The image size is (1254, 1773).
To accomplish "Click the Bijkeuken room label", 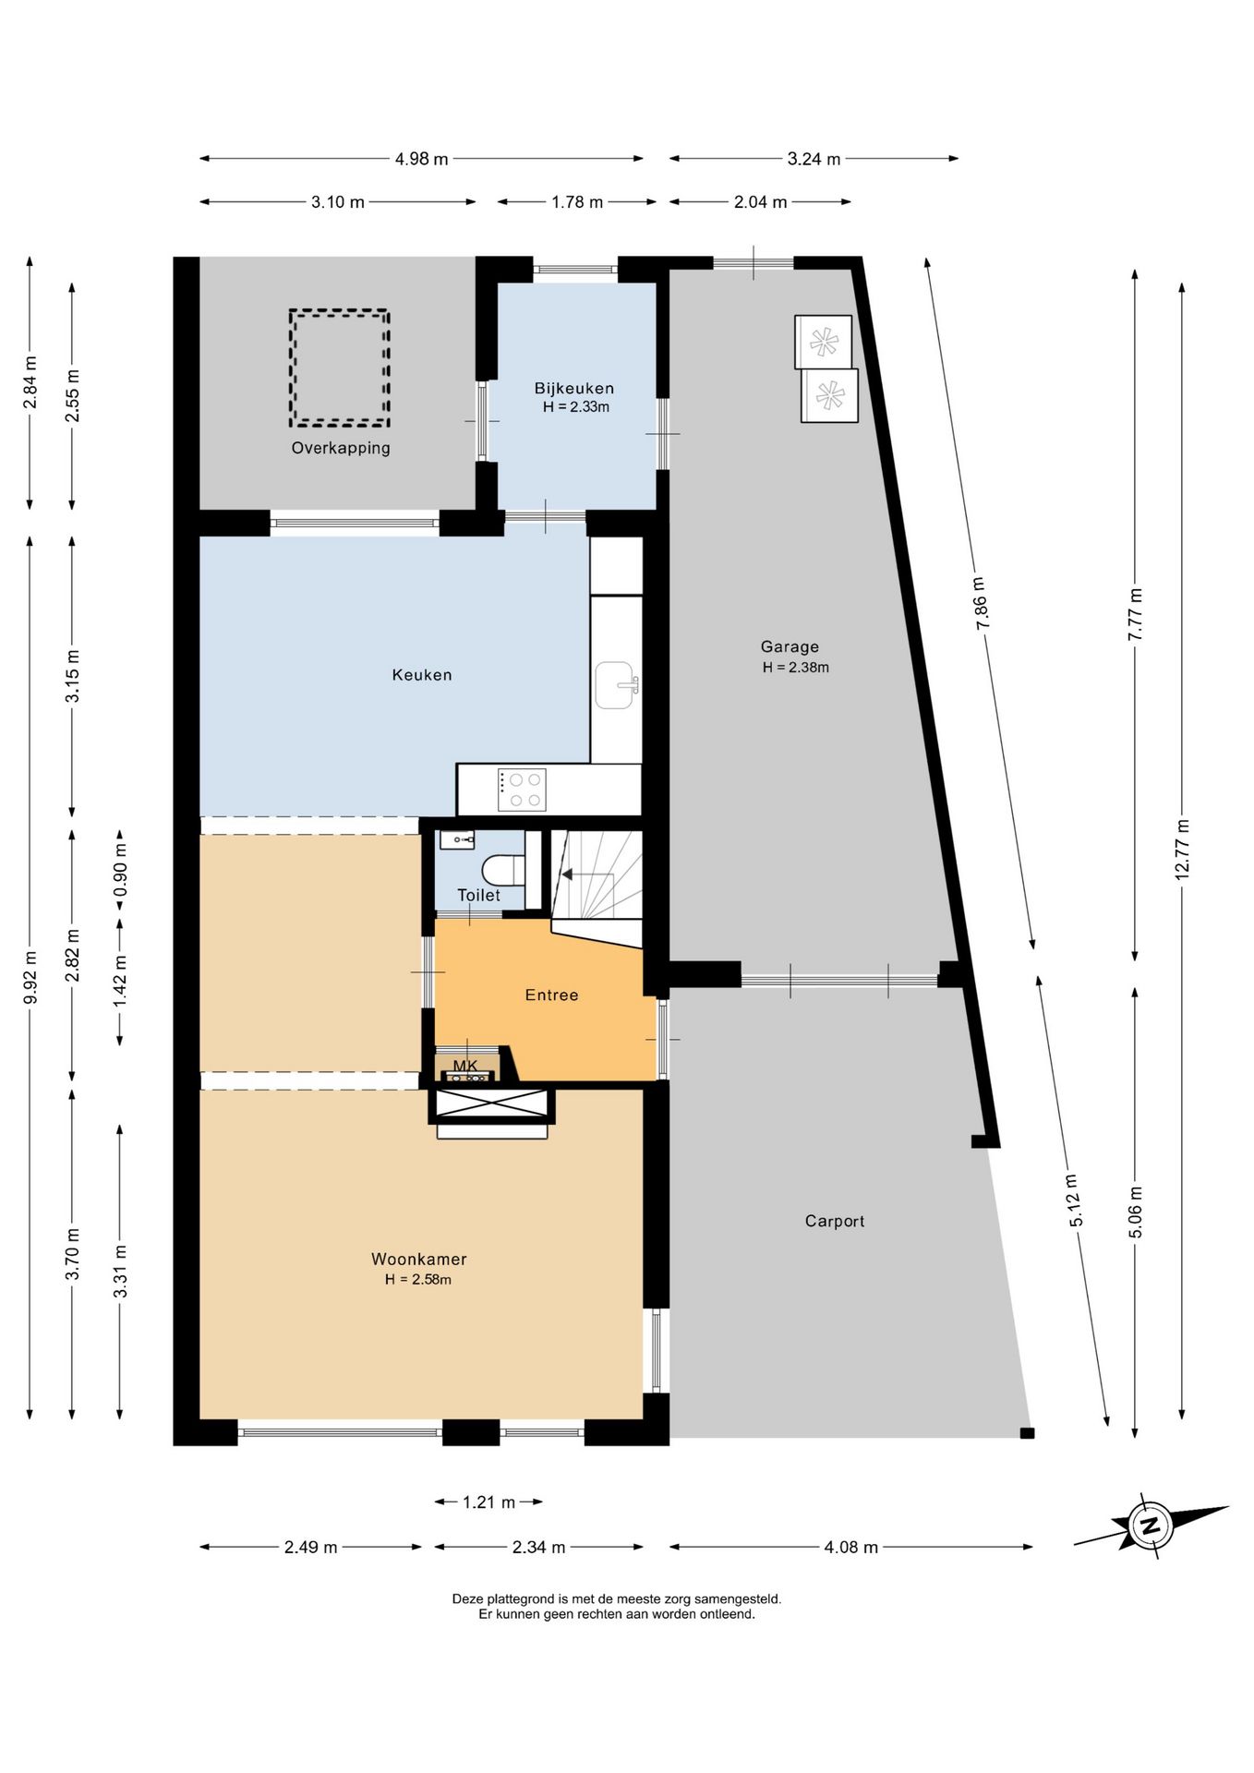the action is tap(573, 388).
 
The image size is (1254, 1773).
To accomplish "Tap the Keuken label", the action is tap(422, 675).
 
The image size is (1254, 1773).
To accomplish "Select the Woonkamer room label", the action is tap(419, 1259).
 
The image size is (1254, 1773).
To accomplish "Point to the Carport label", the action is tap(835, 1221).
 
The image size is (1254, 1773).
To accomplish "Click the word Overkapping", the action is tap(341, 448).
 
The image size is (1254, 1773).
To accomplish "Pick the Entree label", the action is tap(552, 995).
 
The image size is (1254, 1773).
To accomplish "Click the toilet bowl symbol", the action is tap(504, 870).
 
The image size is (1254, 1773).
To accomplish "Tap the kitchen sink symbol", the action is tap(615, 685).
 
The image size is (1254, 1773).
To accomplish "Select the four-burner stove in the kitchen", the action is tap(522, 790).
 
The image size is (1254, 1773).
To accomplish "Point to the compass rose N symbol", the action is tap(1151, 1525).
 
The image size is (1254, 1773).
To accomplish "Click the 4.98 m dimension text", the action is tap(422, 159).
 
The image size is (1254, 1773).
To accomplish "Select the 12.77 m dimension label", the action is tap(1182, 850).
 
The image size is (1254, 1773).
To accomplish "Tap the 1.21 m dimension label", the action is tap(488, 1502).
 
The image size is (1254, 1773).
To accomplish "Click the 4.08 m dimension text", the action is tap(850, 1547).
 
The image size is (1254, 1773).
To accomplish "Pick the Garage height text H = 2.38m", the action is tap(795, 668).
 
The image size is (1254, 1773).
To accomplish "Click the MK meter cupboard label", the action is tap(465, 1066).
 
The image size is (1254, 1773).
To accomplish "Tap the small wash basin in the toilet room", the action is tap(457, 839).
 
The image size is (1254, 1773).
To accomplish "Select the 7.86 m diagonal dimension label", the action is tap(981, 604).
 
